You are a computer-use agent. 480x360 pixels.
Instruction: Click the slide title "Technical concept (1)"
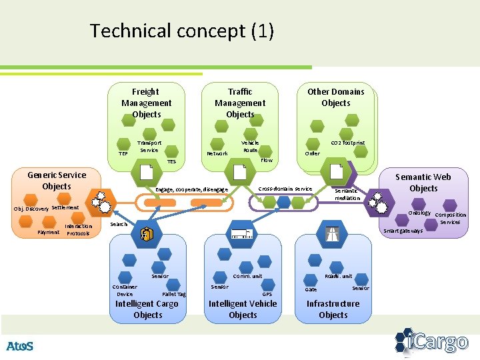coord(182,31)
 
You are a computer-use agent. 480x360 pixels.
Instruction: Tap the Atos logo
coord(19,346)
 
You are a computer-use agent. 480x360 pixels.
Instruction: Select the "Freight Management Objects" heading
coord(146,103)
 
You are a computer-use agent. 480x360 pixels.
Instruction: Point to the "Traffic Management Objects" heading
coord(240,103)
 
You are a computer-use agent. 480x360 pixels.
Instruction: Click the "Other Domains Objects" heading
coord(335,97)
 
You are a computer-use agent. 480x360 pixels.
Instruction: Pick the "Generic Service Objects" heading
coord(57,181)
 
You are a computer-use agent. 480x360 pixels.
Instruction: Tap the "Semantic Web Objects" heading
coord(423,182)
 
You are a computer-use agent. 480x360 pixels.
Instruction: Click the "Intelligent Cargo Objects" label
coord(147,309)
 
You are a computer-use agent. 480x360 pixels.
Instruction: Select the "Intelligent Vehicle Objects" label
coord(243,309)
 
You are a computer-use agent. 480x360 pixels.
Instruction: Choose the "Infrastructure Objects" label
coord(333,309)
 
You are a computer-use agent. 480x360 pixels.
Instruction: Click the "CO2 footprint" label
coord(348,143)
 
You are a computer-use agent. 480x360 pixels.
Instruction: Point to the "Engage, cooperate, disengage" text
coord(191,190)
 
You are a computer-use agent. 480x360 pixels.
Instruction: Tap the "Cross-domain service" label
coord(285,189)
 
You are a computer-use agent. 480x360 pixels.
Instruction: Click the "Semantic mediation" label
coord(347,194)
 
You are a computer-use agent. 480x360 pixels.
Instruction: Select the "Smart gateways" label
coord(403,231)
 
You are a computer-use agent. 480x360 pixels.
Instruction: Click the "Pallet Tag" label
coord(174,294)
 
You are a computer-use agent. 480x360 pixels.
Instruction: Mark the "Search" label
coord(119,224)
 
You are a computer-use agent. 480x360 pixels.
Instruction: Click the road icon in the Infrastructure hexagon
coord(333,233)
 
